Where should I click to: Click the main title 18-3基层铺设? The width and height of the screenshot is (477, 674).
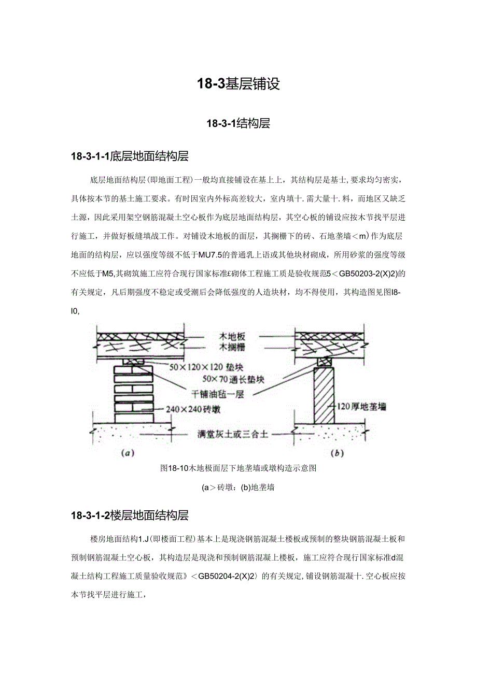(x=238, y=84)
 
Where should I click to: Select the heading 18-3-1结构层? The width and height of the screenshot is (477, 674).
(x=238, y=123)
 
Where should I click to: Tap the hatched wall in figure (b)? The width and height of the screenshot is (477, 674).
(x=326, y=394)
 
